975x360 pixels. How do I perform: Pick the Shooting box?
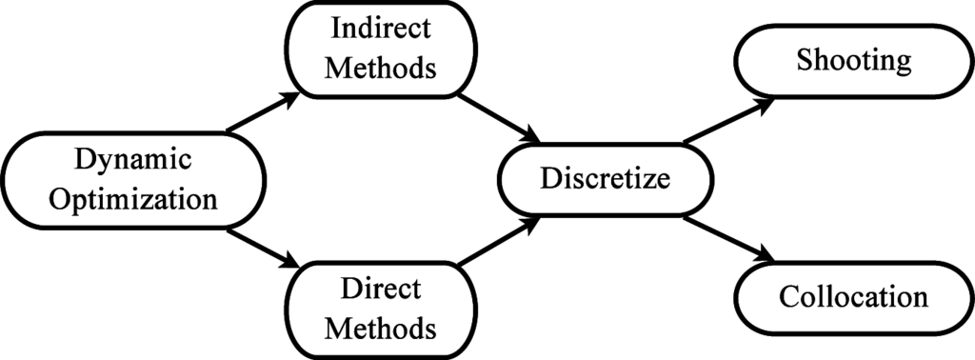click(x=853, y=63)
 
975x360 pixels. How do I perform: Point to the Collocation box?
click(x=853, y=296)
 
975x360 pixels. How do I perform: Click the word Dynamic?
click(x=133, y=158)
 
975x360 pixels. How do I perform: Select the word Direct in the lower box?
click(x=380, y=288)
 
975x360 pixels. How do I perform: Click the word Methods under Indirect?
click(x=380, y=70)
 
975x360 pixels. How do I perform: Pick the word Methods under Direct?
click(x=380, y=330)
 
